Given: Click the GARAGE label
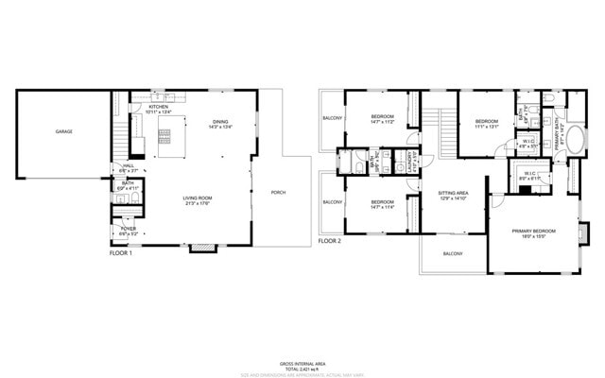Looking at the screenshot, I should pyautogui.click(x=63, y=131).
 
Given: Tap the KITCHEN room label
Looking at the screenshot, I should pyautogui.click(x=159, y=107).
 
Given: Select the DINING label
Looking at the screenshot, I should pyautogui.click(x=219, y=121).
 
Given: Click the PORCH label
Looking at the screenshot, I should pyautogui.click(x=278, y=193).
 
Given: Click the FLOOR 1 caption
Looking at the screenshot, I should pyautogui.click(x=121, y=253).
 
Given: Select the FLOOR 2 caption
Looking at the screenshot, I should pyautogui.click(x=329, y=241).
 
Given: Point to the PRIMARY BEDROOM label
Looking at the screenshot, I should pyautogui.click(x=534, y=231).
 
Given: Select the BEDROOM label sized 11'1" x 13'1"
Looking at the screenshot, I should pyautogui.click(x=487, y=121).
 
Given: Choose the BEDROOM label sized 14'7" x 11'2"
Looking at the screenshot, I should pyautogui.click(x=383, y=117).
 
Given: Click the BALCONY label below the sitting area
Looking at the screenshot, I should pyautogui.click(x=453, y=253).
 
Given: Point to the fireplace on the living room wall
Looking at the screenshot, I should pyautogui.click(x=201, y=249).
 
